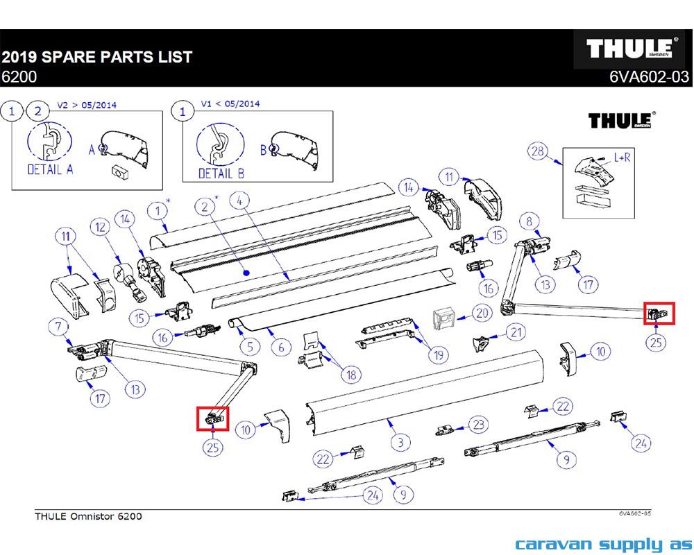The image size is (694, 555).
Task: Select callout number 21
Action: pos(514,333)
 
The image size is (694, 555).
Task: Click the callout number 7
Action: pos(58,326)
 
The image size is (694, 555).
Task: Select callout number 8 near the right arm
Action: pos(529,222)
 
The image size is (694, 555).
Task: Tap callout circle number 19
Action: pos(438,356)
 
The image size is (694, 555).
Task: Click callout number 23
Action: pos(478,424)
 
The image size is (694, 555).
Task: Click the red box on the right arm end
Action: pos(658,312)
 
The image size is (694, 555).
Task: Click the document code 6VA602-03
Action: pos(649,78)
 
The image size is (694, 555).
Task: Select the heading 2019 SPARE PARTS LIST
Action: pos(96,57)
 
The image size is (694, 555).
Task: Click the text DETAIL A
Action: pos(50,169)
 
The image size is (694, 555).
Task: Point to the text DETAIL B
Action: pos(221,173)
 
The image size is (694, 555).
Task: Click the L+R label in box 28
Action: pos(622,157)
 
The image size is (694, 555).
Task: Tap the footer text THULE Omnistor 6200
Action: pos(88,516)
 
